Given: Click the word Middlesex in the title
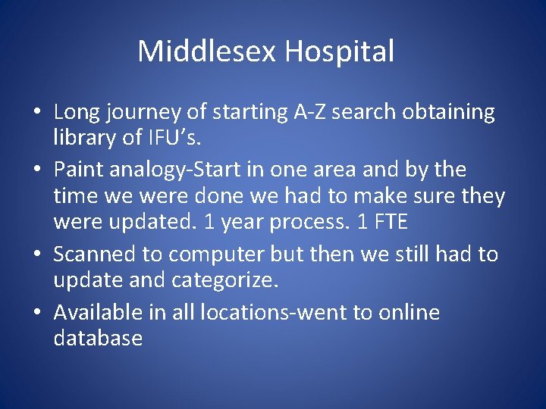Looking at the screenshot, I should pos(207,52).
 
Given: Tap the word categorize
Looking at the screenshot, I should pos(225,281).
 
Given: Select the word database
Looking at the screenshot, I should pos(98,338).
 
